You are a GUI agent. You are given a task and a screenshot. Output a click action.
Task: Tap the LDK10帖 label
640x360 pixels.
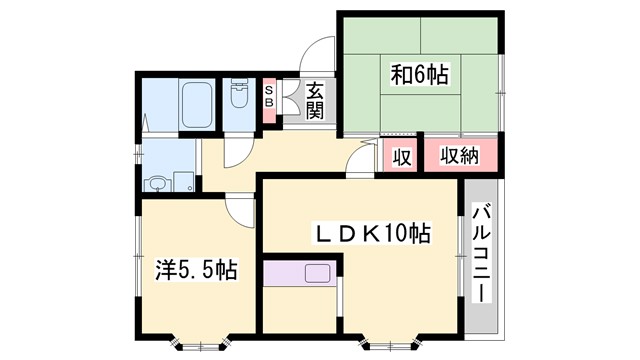(x=374, y=235)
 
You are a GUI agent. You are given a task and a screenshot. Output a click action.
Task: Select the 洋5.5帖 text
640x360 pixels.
(x=196, y=269)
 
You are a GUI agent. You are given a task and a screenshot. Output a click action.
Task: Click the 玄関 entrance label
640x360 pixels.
(x=314, y=100)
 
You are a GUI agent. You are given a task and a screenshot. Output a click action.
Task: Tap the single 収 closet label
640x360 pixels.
(x=402, y=157)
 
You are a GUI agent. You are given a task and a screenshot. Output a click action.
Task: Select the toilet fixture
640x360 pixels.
(x=239, y=96)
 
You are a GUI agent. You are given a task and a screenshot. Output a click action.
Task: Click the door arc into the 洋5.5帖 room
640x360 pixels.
(x=241, y=207)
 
